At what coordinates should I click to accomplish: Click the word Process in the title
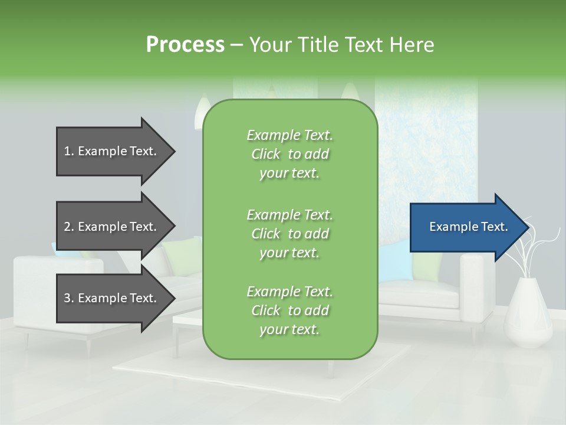click(185, 44)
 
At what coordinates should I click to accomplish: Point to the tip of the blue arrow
click(526, 227)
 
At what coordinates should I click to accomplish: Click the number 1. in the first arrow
click(69, 151)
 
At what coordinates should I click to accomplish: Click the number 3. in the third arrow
click(69, 298)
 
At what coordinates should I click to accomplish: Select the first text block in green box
click(289, 154)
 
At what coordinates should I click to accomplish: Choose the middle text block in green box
click(289, 233)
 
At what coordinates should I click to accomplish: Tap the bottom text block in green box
click(289, 310)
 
